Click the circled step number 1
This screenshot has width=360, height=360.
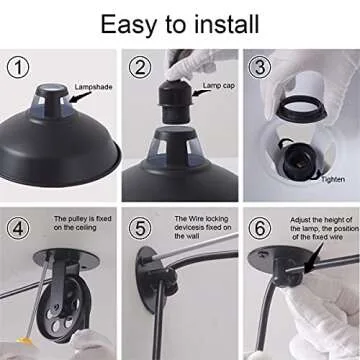pyautogui.click(x=18, y=67)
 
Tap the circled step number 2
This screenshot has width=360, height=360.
pyautogui.click(x=140, y=67)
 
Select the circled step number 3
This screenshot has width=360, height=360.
pyautogui.click(x=259, y=67)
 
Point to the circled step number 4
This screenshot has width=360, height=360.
pyautogui.click(x=18, y=228)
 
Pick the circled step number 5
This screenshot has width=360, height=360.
pyautogui.click(x=140, y=228)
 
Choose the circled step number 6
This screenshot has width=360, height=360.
pyautogui.click(x=259, y=228)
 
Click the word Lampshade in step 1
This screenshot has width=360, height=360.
pyautogui.click(x=93, y=87)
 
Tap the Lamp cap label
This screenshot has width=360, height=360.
pyautogui.click(x=219, y=86)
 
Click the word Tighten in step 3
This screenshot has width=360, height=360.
pyautogui.click(x=333, y=180)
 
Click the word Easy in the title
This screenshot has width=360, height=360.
pyautogui.click(x=128, y=25)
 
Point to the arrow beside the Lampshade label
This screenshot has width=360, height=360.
pyautogui.click(x=80, y=97)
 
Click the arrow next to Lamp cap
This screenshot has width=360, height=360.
pyautogui.click(x=201, y=93)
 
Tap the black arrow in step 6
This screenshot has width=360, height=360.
pyautogui.click(x=314, y=257)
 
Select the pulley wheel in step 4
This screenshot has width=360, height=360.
pyautogui.click(x=63, y=308)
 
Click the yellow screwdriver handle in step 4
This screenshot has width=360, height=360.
pyautogui.click(x=25, y=342)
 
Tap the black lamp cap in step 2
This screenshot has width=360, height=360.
pyautogui.click(x=175, y=101)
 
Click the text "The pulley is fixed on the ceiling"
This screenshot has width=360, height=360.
pyautogui.click(x=83, y=223)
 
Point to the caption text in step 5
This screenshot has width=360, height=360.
pyautogui.click(x=203, y=227)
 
